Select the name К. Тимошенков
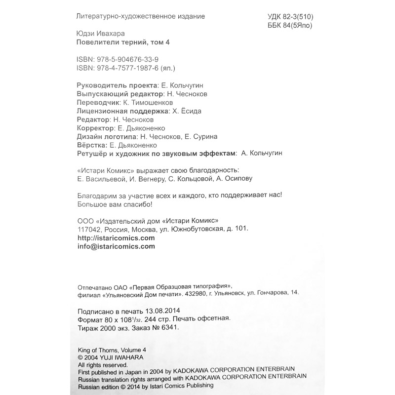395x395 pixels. (147, 102)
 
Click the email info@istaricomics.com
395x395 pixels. (117, 246)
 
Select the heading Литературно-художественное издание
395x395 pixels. (141, 16)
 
